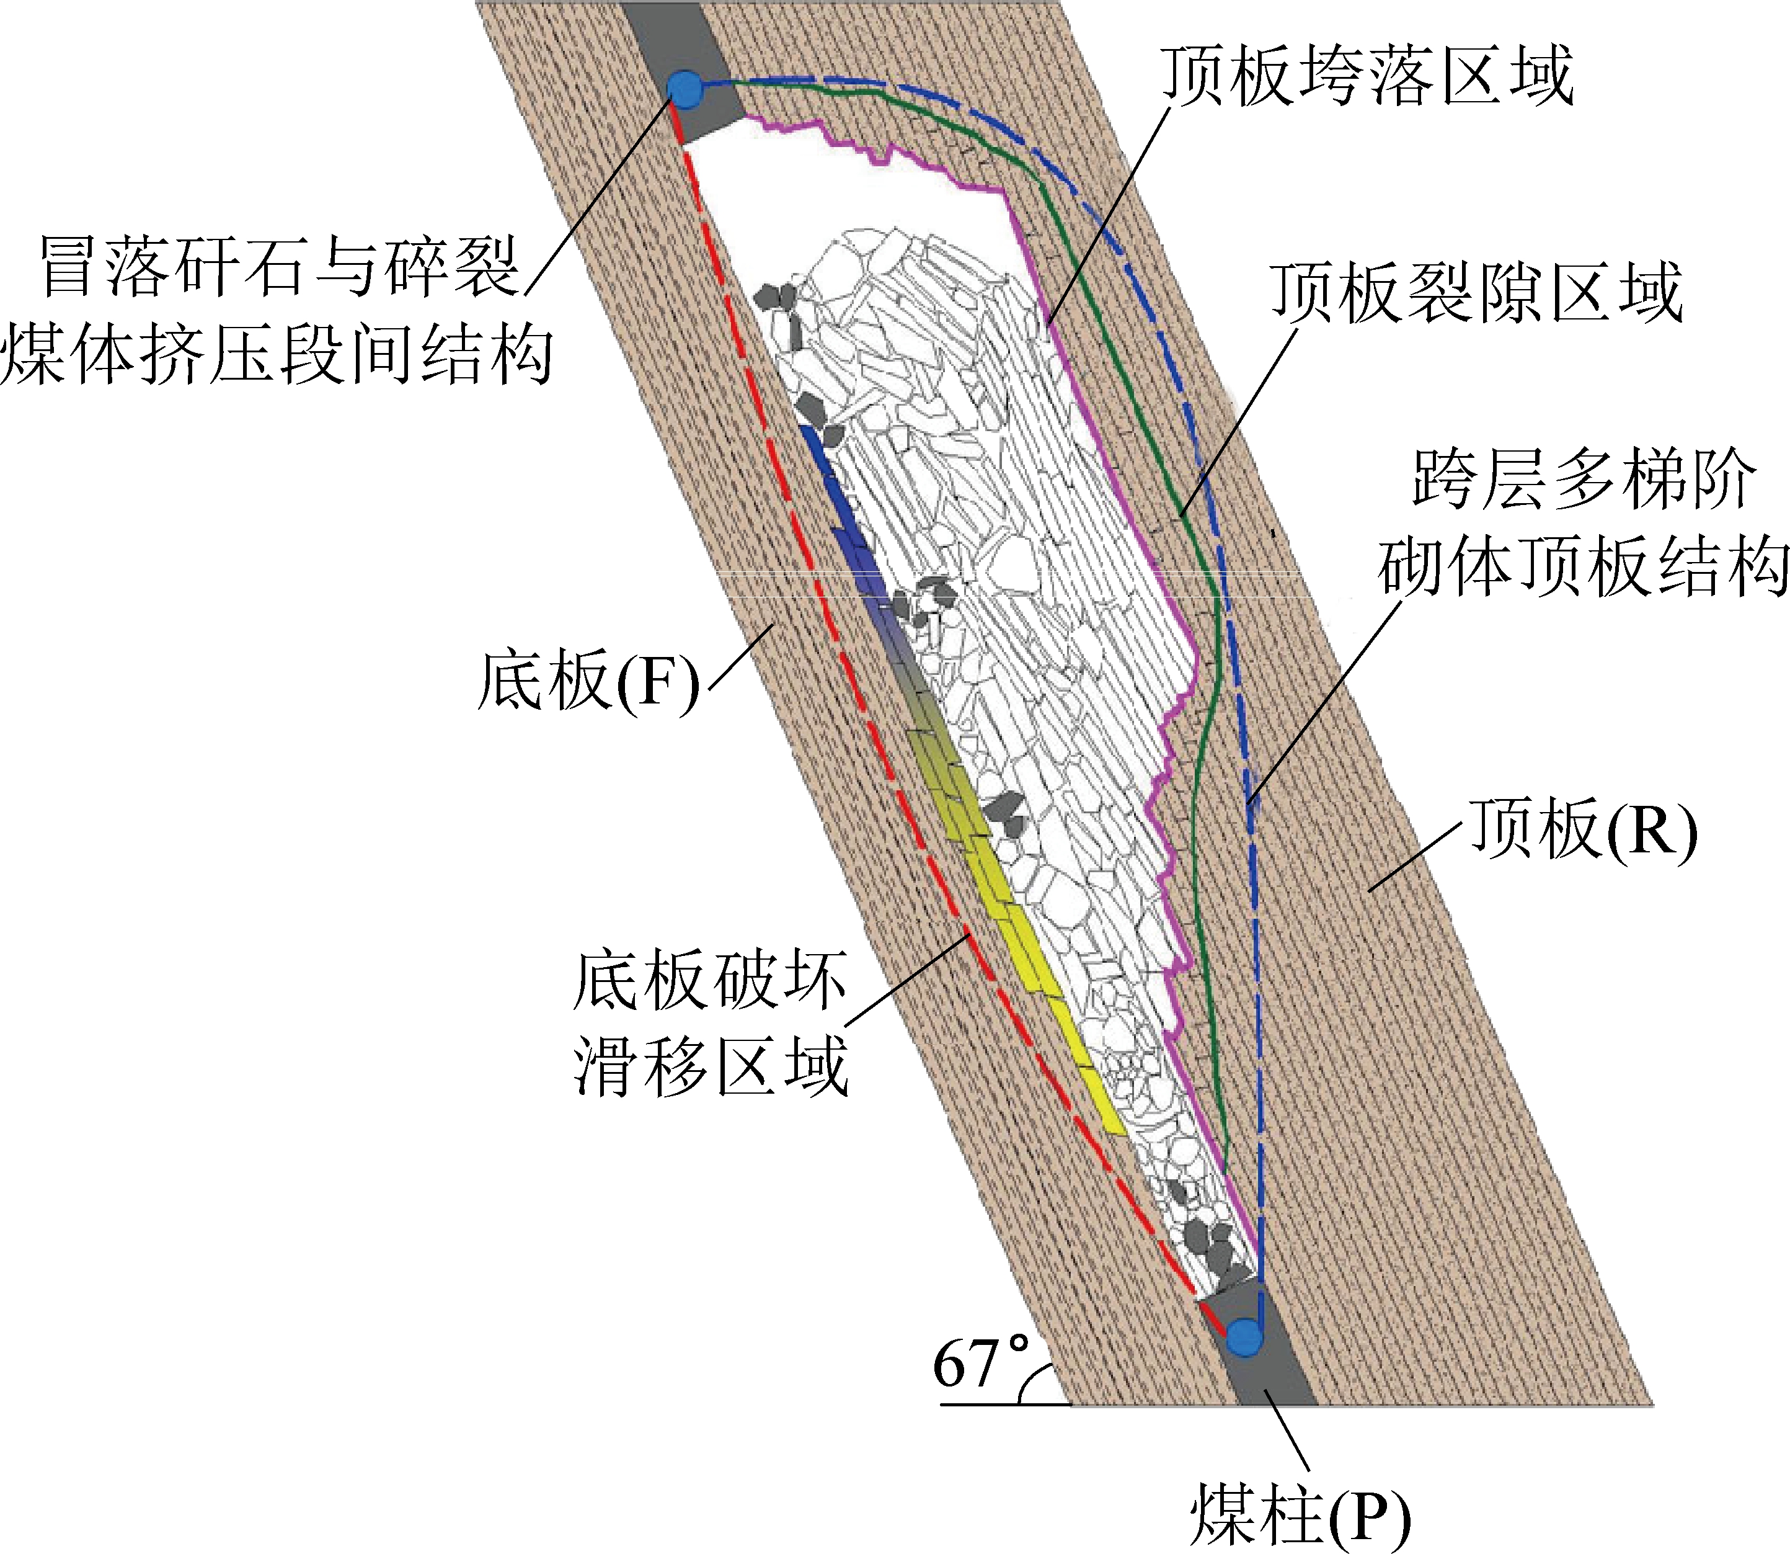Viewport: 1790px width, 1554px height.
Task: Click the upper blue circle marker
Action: pos(685,89)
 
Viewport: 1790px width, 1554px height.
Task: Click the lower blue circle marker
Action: pos(1246,1336)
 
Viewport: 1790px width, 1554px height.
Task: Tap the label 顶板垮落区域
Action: pos(1367,76)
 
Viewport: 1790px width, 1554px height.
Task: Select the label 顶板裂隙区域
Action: pos(1476,293)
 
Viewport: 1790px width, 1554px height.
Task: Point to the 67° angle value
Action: pos(980,1362)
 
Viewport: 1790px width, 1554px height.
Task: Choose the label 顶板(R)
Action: pos(1583,830)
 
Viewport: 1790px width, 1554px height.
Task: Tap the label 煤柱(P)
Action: pos(1300,1513)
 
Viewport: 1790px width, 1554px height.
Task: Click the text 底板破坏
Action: pos(709,981)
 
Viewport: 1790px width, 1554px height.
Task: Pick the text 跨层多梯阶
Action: pos(1584,480)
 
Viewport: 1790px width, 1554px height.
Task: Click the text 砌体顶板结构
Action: pos(1584,568)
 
